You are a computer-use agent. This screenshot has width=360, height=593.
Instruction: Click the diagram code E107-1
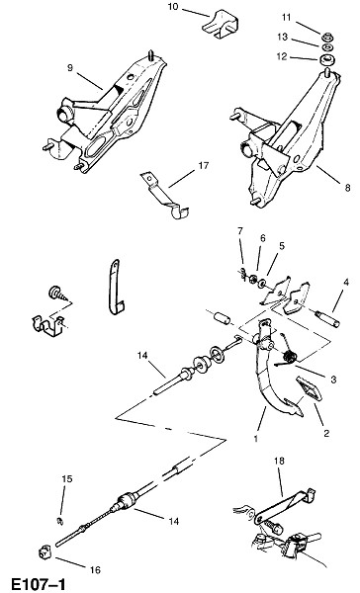tap(35, 584)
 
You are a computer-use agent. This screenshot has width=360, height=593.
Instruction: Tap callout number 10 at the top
tap(173, 7)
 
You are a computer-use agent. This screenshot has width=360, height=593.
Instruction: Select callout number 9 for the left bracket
tap(70, 67)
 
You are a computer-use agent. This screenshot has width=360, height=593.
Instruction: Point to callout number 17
tap(204, 165)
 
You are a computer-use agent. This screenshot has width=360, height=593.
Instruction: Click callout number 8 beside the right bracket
tap(347, 188)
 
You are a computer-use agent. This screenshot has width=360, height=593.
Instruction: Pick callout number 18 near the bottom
tap(279, 461)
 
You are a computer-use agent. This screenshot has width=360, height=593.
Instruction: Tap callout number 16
tap(95, 569)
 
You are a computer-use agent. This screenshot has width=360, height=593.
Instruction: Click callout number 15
tap(67, 478)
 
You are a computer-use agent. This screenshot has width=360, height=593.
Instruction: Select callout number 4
tap(345, 282)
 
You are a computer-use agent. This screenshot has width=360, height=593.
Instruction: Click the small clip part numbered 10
tap(221, 24)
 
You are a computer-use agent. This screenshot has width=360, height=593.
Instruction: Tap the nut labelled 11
tap(326, 38)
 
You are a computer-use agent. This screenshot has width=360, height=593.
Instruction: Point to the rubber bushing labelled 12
tap(326, 60)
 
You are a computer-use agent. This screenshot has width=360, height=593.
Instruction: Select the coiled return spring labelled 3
tap(291, 356)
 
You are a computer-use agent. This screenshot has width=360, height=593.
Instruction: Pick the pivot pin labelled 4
tap(328, 318)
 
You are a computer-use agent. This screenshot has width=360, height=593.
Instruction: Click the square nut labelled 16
tap(44, 552)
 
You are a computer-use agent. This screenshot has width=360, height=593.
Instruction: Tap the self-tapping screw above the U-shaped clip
tap(58, 295)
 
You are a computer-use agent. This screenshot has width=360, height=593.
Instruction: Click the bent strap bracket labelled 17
tap(163, 195)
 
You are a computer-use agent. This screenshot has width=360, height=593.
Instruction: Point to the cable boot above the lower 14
tap(126, 500)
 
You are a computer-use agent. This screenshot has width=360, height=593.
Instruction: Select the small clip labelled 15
tap(60, 521)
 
